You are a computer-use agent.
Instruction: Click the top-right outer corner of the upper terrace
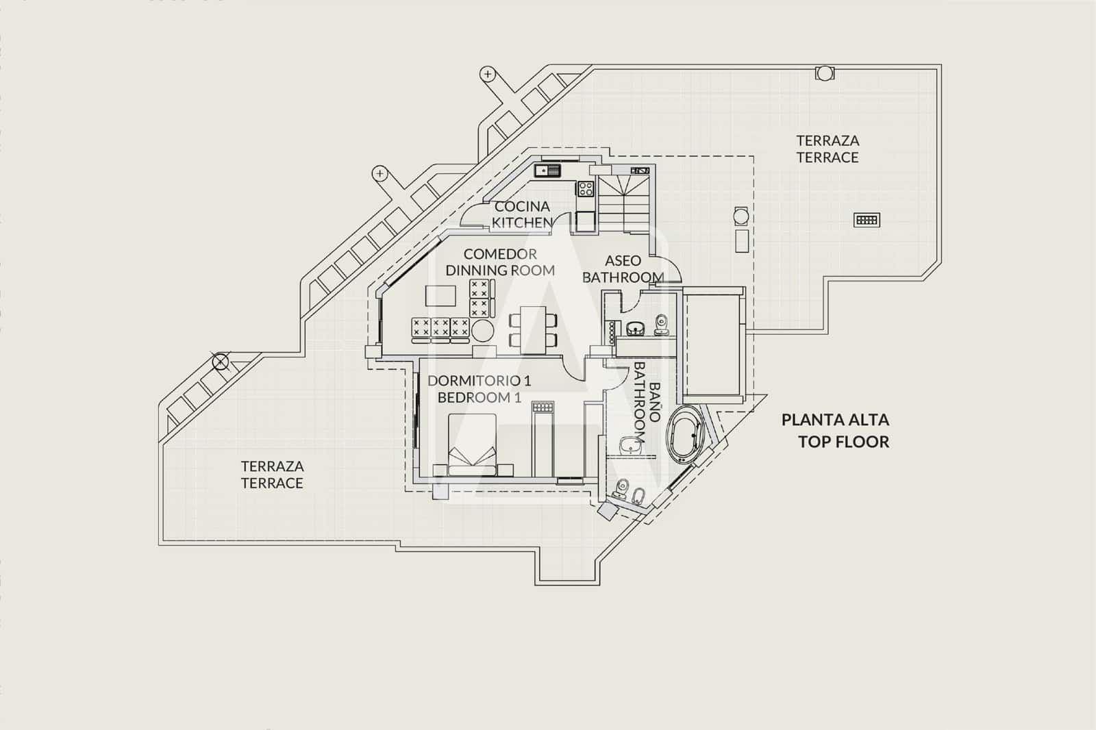pos(941,64)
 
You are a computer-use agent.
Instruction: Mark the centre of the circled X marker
pos(220,362)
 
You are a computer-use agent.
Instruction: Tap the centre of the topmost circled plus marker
pos(487,75)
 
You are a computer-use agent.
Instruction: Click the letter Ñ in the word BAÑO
pos(655,402)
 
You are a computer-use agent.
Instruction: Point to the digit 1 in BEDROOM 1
pos(517,397)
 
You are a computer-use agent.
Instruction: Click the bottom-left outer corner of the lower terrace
pos(159,545)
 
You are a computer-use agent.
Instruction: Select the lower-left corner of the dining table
pos(520,354)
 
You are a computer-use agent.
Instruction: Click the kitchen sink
pos(547,171)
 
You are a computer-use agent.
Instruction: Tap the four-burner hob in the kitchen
pos(586,188)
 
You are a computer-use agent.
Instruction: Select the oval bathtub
pos(686,434)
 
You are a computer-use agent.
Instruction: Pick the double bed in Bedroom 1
pos(472,444)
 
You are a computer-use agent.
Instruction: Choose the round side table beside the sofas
pos(482,331)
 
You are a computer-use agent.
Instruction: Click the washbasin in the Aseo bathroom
pos(635,329)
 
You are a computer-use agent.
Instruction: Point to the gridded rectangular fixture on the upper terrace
pos(867,220)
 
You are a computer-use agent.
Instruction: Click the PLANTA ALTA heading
pos(835,420)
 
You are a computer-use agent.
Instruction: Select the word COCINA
pos(522,207)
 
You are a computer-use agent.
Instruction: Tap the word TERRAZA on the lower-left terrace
pos(273,466)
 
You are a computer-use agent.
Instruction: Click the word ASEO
pos(623,260)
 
